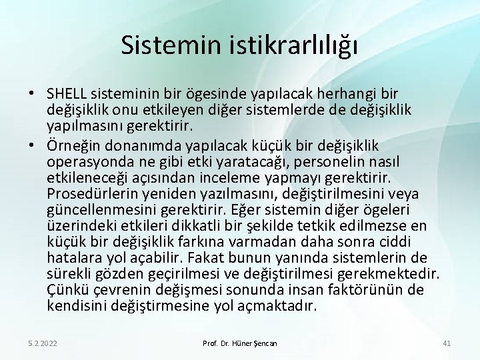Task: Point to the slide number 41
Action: [447, 343]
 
